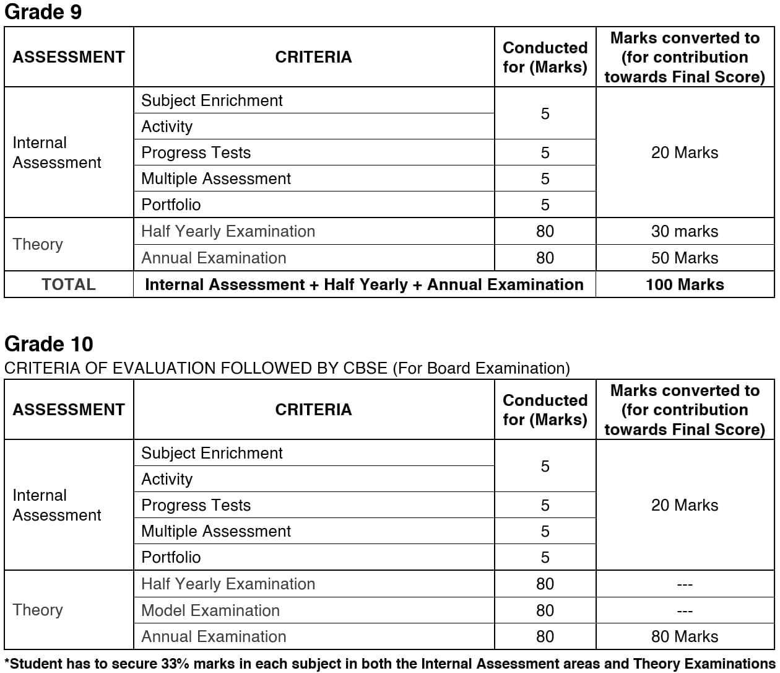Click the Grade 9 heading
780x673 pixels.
pos(43,12)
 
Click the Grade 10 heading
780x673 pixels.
pos(49,344)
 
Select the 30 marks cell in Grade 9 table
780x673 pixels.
pos(684,231)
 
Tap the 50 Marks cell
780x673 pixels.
pos(684,258)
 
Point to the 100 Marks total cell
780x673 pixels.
pos(684,284)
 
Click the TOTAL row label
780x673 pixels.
pos(69,284)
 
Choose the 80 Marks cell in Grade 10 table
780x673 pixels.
pos(684,636)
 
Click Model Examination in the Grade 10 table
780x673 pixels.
pos(210,610)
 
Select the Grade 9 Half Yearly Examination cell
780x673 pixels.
pos(228,231)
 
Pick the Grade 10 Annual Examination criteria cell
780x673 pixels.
pos(214,636)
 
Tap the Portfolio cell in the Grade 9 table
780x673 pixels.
pos(171,205)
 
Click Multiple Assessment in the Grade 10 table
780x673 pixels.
pos(216,531)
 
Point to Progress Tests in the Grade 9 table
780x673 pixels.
pos(196,152)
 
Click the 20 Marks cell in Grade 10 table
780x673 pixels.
pos(684,505)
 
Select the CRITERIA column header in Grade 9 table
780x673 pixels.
pos(313,57)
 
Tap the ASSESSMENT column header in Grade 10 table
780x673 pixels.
pos(69,410)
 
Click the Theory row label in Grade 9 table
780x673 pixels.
pos(38,244)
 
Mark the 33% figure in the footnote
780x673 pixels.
pos(175,664)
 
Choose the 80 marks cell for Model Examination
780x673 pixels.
pos(545,610)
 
